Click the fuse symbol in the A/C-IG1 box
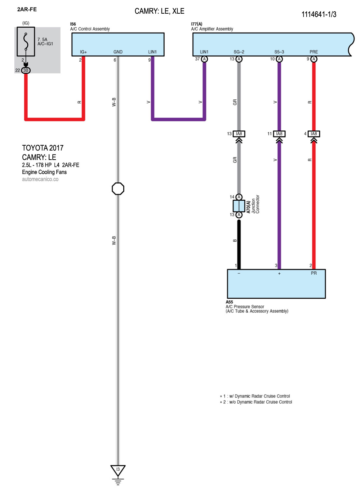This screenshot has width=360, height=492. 26,41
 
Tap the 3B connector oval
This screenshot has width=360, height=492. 26,70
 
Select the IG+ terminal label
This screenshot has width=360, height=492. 83,52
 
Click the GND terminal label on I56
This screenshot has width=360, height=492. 118,52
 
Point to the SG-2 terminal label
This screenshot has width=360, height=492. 239,52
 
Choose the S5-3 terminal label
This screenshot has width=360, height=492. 279,52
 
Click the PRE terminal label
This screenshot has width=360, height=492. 313,52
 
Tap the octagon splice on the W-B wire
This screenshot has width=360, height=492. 118,188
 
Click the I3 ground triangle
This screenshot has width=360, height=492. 118,470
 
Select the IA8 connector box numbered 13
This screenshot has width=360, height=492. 239,134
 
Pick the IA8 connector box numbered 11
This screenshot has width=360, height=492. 279,134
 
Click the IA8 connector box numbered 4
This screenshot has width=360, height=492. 314,134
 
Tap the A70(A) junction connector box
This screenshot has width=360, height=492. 239,206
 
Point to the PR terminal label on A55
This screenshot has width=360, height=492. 313,273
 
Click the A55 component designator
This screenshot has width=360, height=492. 229,302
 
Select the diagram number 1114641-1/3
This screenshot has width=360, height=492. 319,14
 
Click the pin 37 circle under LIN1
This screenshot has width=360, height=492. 204,59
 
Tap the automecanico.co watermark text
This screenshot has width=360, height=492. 40,179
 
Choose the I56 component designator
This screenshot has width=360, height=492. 73,24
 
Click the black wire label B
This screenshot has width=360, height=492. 235,240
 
